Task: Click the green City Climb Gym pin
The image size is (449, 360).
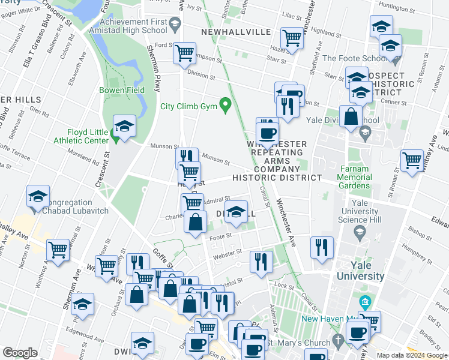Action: coord(226,106)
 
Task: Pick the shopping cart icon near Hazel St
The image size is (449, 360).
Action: coord(292,37)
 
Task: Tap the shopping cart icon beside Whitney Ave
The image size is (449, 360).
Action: coord(412,160)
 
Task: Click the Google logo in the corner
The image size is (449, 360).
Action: coord(20,353)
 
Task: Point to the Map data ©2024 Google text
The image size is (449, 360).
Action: coord(412,355)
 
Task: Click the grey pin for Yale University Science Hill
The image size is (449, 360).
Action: coord(360,232)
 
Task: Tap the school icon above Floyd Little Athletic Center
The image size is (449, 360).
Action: coord(124,126)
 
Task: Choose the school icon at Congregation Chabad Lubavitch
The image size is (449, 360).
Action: coord(38,197)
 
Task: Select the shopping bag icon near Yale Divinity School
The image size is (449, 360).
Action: coord(350,116)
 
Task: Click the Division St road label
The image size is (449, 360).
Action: coord(200,76)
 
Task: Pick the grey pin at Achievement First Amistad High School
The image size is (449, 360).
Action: coord(175,25)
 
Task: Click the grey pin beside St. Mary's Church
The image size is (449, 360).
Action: coord(339,339)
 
